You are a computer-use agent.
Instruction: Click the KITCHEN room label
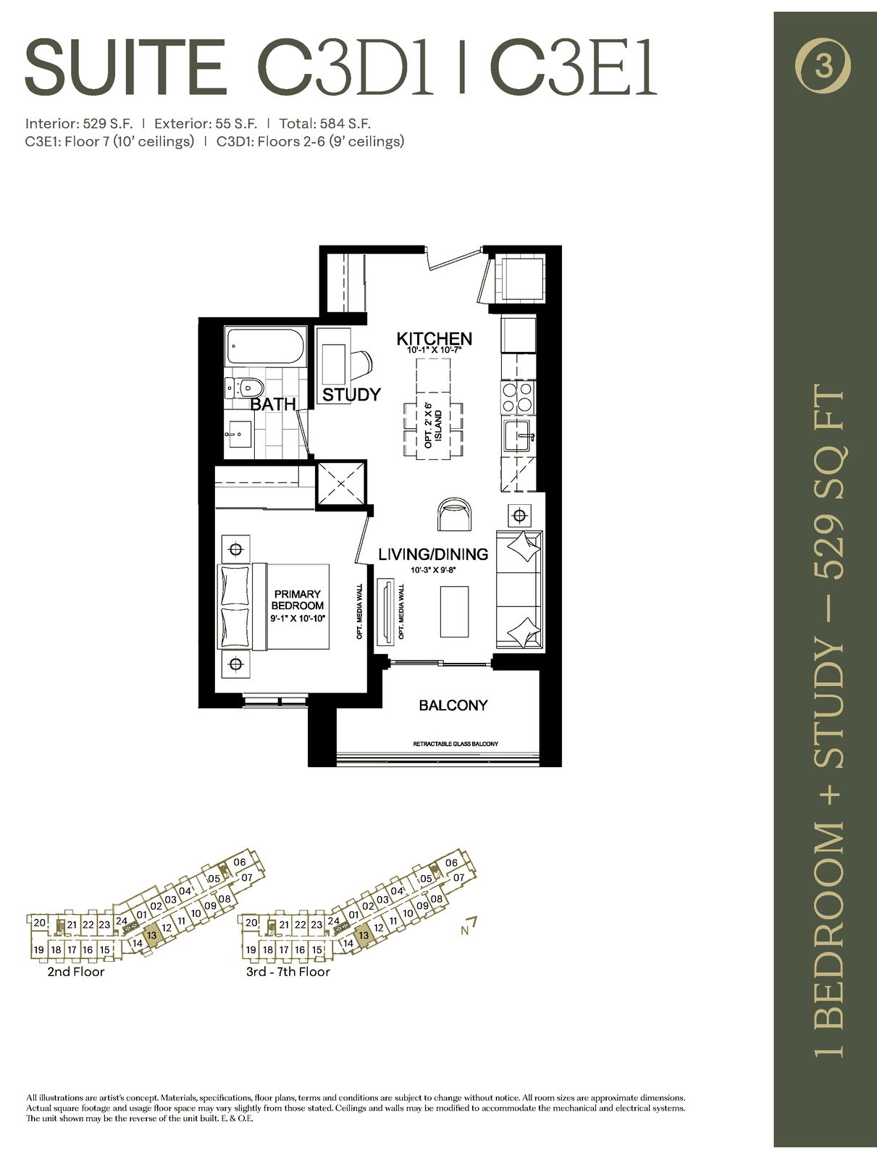(x=435, y=338)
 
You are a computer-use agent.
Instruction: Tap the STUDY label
(x=351, y=395)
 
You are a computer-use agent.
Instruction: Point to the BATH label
(x=273, y=404)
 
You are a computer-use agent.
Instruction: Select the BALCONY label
(x=453, y=705)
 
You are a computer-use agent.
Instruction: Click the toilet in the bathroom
(x=244, y=388)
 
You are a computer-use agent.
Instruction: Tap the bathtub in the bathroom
(x=266, y=346)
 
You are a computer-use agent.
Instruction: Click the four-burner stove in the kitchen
(x=518, y=396)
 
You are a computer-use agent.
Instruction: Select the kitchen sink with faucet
(x=518, y=435)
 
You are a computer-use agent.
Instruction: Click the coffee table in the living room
(x=454, y=611)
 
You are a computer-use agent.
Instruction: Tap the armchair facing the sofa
(x=454, y=514)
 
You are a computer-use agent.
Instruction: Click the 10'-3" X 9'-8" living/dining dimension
(x=433, y=570)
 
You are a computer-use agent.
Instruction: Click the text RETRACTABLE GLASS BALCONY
(x=456, y=744)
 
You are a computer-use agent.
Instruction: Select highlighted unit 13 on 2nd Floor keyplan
(x=151, y=936)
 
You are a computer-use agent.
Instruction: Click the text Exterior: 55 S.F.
(x=205, y=124)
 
